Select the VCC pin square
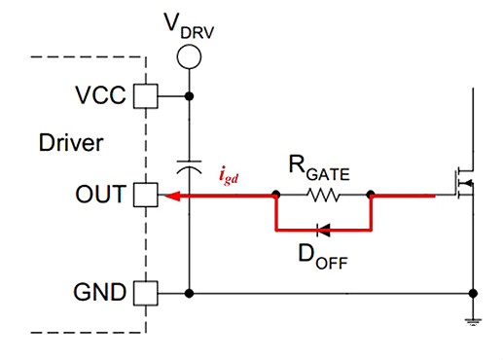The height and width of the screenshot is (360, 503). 144,95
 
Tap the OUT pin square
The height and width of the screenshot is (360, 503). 144,196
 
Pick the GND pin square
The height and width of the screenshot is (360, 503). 144,292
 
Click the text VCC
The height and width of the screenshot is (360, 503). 100,95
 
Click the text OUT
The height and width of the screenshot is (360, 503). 101,196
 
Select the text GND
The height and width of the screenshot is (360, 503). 100,292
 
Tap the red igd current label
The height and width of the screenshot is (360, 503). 230,177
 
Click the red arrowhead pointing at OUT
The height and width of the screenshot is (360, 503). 170,196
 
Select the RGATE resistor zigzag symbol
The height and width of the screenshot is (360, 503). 323,196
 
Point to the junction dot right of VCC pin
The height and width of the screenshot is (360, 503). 189,95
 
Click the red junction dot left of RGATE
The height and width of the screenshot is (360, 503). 276,196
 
